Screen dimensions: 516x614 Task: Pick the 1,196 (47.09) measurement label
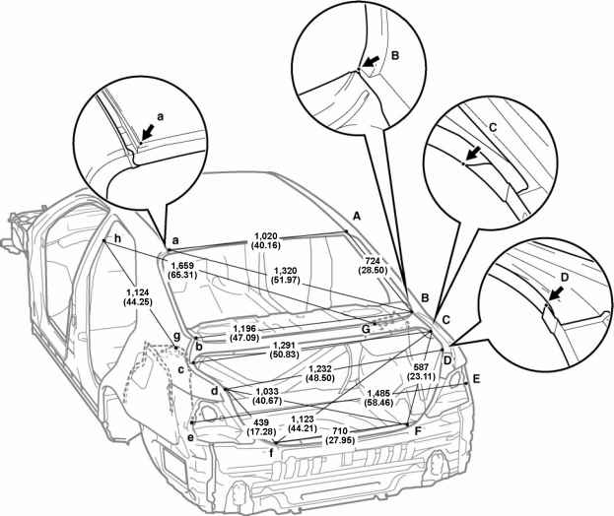click(x=250, y=333)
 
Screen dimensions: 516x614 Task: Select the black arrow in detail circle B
click(x=369, y=65)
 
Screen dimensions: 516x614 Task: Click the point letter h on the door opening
click(x=117, y=239)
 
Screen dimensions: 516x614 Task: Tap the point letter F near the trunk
click(x=419, y=430)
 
